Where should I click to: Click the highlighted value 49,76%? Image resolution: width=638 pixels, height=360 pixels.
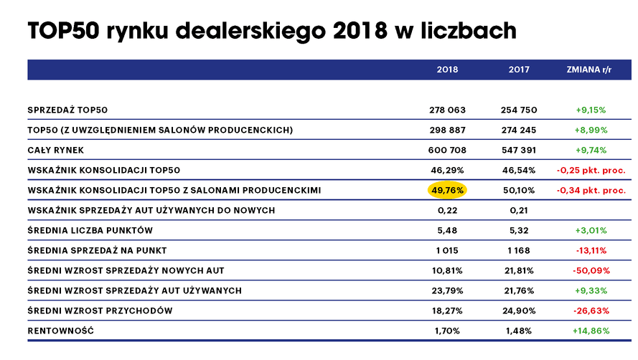447,190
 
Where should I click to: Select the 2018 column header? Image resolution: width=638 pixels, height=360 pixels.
447,70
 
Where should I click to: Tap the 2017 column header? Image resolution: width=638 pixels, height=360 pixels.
519,70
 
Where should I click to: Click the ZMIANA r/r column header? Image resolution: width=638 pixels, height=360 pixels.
591,70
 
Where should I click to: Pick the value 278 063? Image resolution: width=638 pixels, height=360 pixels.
447,110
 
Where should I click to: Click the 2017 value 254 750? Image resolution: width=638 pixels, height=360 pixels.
519,110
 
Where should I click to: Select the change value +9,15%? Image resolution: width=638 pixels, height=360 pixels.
591,110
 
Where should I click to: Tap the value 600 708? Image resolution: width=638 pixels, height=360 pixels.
447,150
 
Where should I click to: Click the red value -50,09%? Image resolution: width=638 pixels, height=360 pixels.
591,270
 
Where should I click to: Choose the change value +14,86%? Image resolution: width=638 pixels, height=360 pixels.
591,331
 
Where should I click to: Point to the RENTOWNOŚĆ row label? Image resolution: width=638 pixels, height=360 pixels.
60,331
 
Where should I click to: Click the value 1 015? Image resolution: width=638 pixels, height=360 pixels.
447,250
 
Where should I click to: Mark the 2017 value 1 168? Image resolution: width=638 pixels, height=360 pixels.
519,250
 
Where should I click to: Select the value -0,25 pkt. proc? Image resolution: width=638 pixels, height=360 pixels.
591,170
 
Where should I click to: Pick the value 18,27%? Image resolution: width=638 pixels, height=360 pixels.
447,311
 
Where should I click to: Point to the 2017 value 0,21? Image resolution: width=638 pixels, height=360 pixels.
519,210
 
